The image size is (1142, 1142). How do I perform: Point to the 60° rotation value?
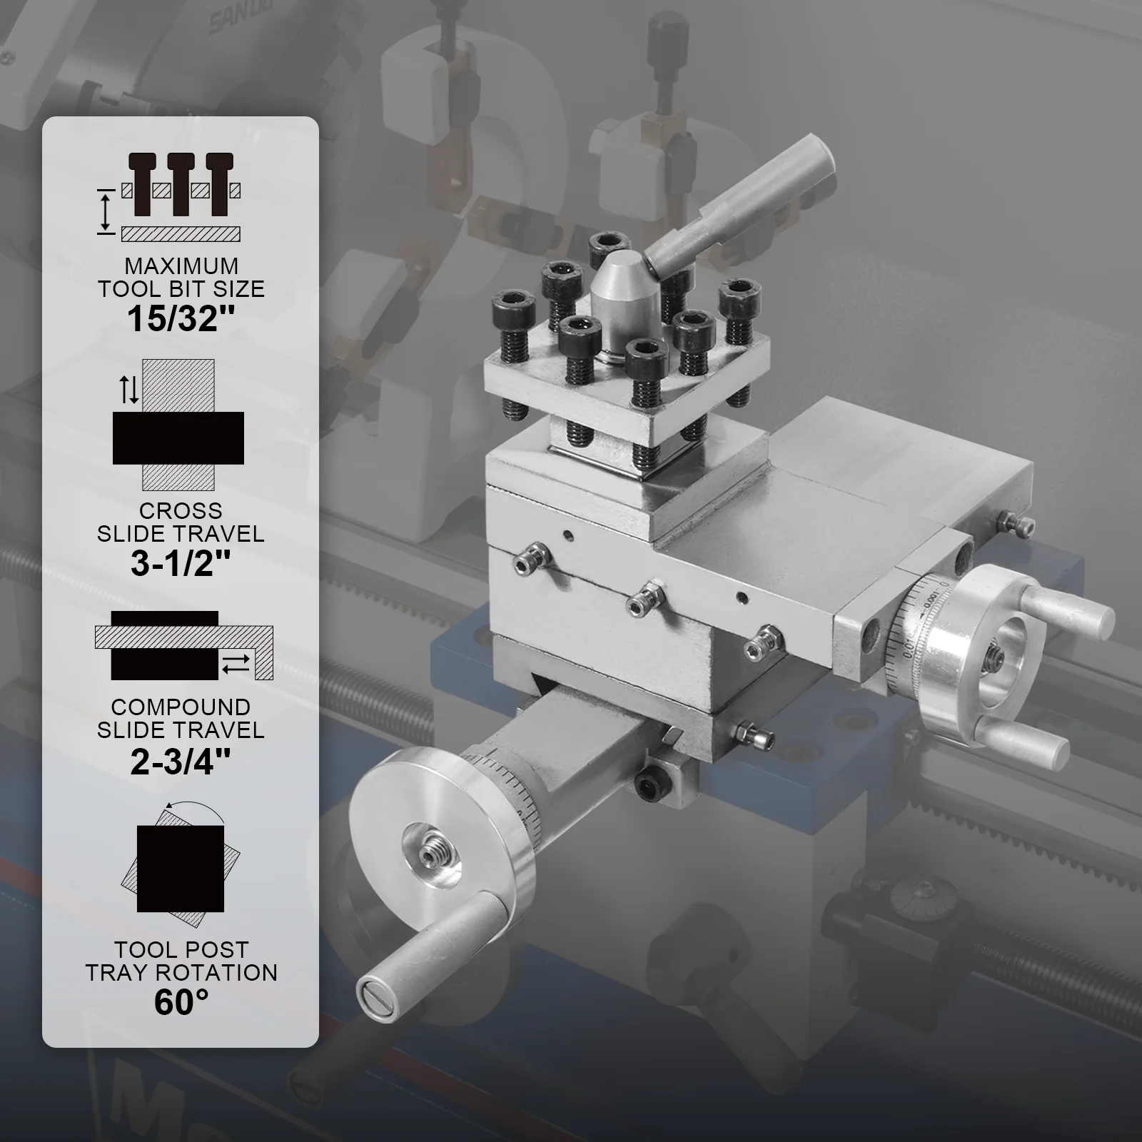pyautogui.click(x=181, y=1002)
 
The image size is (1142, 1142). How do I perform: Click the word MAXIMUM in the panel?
pyautogui.click(x=181, y=266)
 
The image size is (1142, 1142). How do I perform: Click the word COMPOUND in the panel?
pyautogui.click(x=181, y=707)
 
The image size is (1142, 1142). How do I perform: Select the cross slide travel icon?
pyautogui.click(x=178, y=425)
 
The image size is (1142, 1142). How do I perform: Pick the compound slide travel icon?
pyautogui.click(x=184, y=645)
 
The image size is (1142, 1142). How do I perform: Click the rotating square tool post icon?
pyautogui.click(x=181, y=856)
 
